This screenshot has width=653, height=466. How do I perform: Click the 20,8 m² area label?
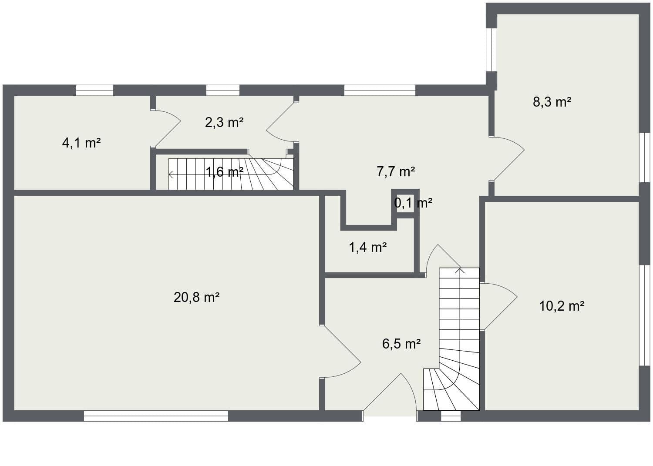coord(196,298)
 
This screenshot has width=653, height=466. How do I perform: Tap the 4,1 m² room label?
coord(81,143)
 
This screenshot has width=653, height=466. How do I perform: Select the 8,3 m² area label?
coord(552,102)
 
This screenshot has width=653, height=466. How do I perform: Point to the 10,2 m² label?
coord(562,306)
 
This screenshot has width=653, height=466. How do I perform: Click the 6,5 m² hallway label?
coord(401,344)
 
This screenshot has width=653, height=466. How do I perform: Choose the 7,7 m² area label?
coord(395,171)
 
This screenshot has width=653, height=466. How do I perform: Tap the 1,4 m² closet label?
coord(368,248)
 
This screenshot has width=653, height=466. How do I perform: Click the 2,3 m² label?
coord(224,122)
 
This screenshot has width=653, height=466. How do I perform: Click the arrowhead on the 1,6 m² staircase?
coord(171,175)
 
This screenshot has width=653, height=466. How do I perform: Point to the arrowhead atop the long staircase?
coord(460,271)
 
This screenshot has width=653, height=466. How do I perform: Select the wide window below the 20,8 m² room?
coord(156,416)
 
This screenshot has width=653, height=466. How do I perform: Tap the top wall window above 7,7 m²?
coord(380,90)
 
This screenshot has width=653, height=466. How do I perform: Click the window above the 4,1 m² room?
coord(94,90)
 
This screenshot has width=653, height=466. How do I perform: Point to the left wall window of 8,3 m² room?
coord(491,50)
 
